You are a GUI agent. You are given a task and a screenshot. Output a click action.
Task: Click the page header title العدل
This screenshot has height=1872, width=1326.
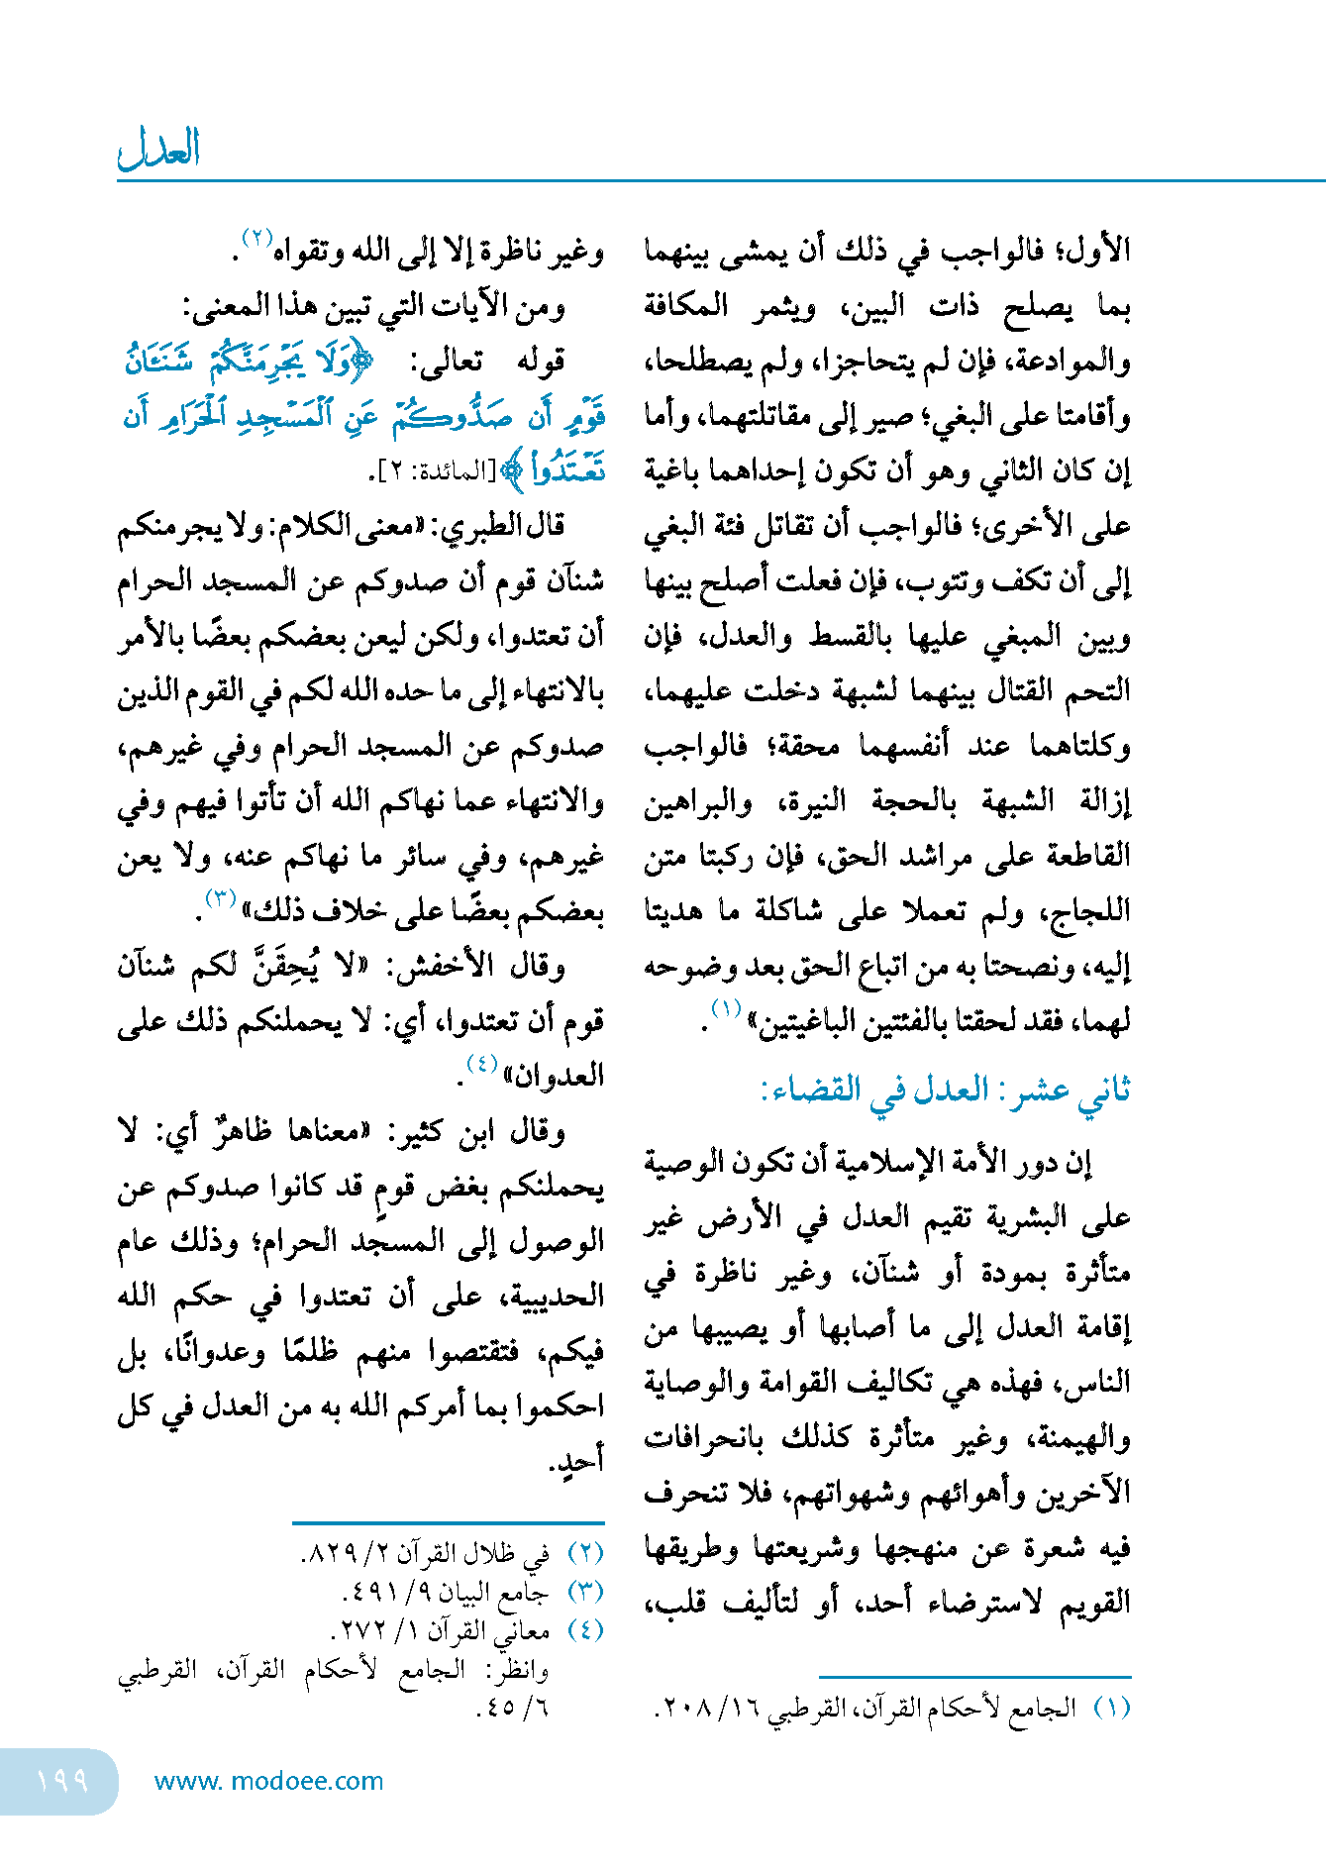click(x=159, y=150)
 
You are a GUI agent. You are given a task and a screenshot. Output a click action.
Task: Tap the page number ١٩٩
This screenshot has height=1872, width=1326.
click(x=62, y=1781)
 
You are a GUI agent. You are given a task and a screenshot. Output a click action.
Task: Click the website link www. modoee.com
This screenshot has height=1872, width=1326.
click(x=268, y=1781)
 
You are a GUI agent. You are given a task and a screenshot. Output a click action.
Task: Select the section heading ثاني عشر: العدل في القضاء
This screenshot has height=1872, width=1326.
click(x=945, y=1090)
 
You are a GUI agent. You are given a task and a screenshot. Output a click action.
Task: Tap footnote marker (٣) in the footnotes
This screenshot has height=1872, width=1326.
click(x=584, y=1593)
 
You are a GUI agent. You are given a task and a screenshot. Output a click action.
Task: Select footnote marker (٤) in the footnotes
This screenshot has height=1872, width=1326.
click(x=584, y=1630)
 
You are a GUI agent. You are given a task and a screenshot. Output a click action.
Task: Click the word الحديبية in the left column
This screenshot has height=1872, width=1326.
click(x=554, y=1296)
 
